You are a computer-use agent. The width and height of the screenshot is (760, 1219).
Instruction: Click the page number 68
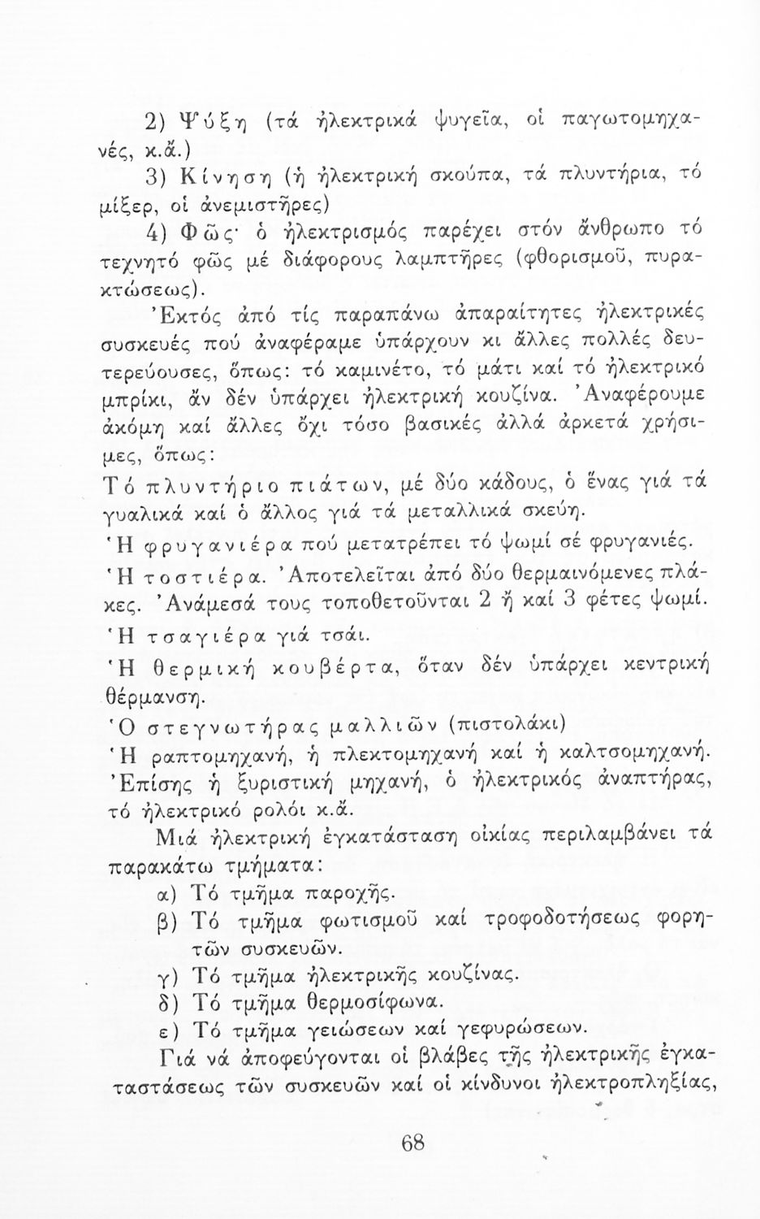click(412, 1143)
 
